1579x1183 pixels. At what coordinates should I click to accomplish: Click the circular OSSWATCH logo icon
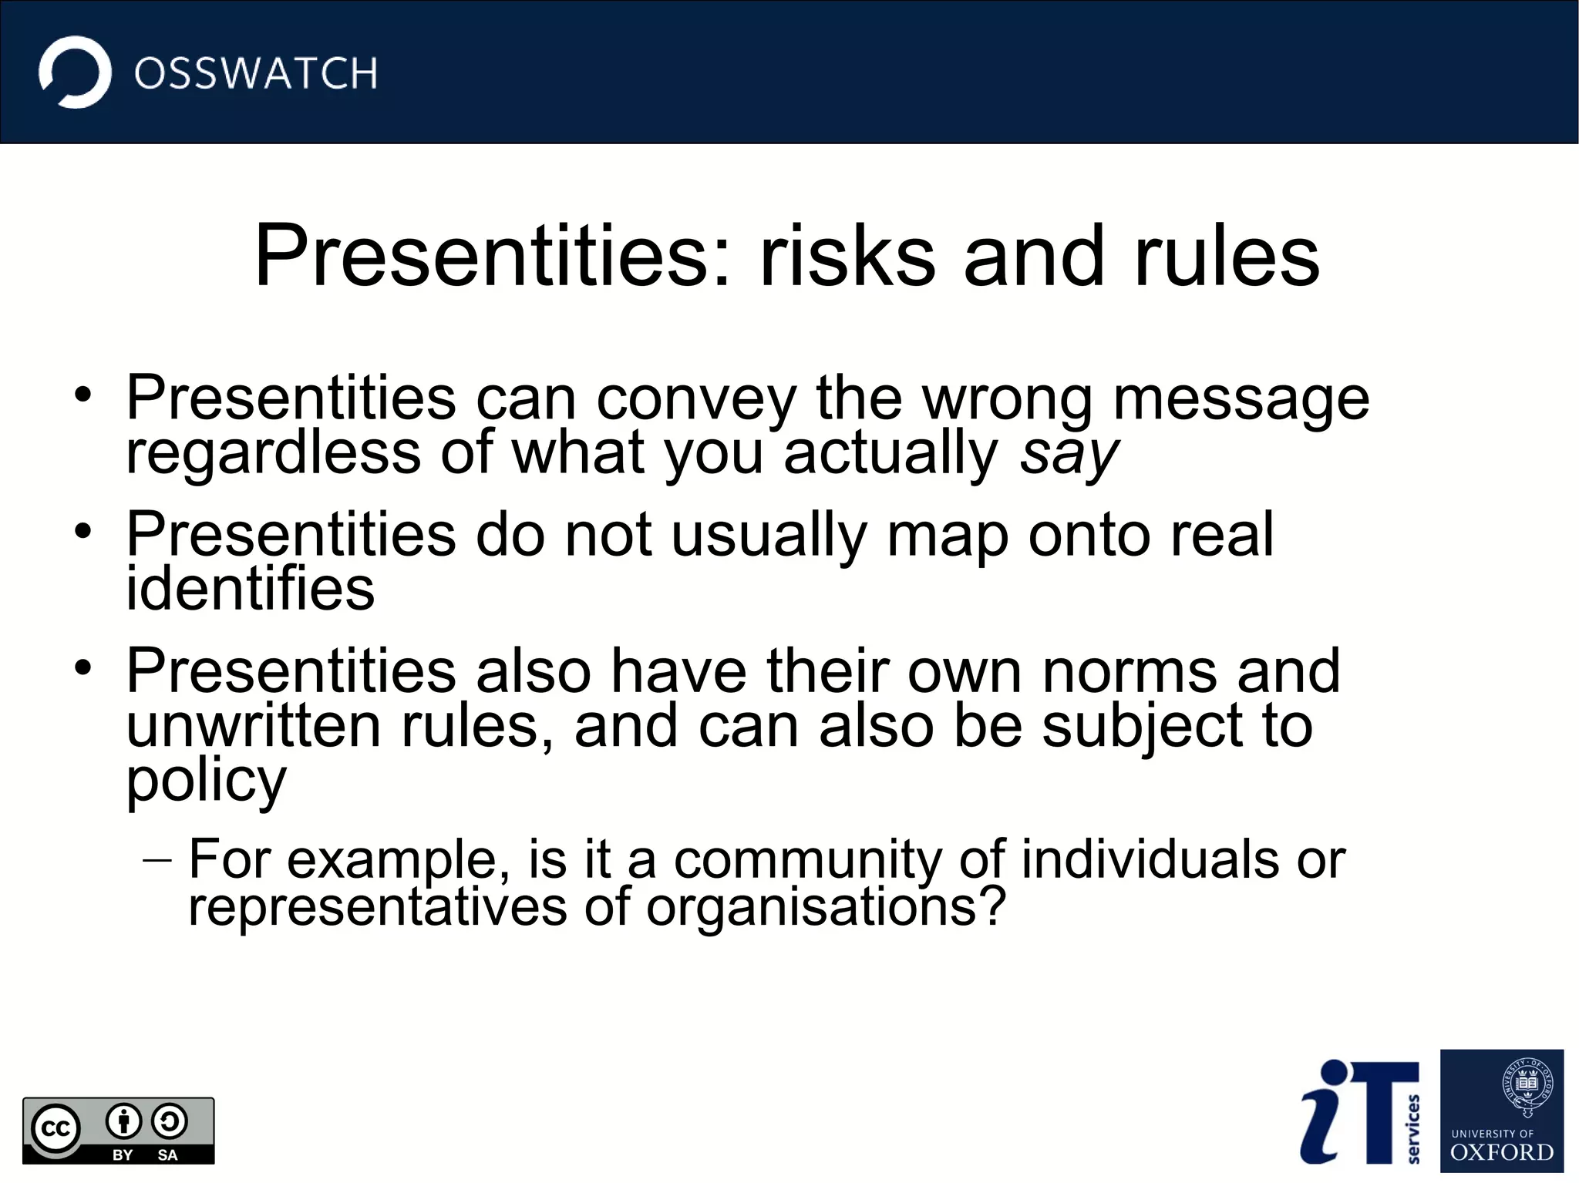pos(75,72)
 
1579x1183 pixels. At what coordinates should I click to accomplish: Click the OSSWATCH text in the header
pos(255,74)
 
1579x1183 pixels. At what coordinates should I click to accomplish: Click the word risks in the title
pos(847,256)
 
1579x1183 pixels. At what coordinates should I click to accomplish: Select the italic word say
pos(1068,455)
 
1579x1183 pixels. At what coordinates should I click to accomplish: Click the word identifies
pos(250,589)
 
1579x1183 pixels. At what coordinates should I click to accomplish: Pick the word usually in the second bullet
pos(769,536)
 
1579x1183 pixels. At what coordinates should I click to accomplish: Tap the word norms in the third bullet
pos(1130,671)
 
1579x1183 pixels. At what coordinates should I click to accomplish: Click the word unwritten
pos(254,726)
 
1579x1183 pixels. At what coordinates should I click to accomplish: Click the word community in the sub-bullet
pos(807,860)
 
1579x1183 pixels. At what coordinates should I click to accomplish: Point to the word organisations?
pos(826,908)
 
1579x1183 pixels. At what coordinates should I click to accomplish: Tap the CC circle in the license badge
pos(56,1128)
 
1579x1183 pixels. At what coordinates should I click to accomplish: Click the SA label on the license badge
pos(167,1155)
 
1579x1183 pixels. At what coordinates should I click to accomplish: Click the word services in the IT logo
pos(1413,1128)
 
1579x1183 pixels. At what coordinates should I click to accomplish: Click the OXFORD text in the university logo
pos(1501,1153)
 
